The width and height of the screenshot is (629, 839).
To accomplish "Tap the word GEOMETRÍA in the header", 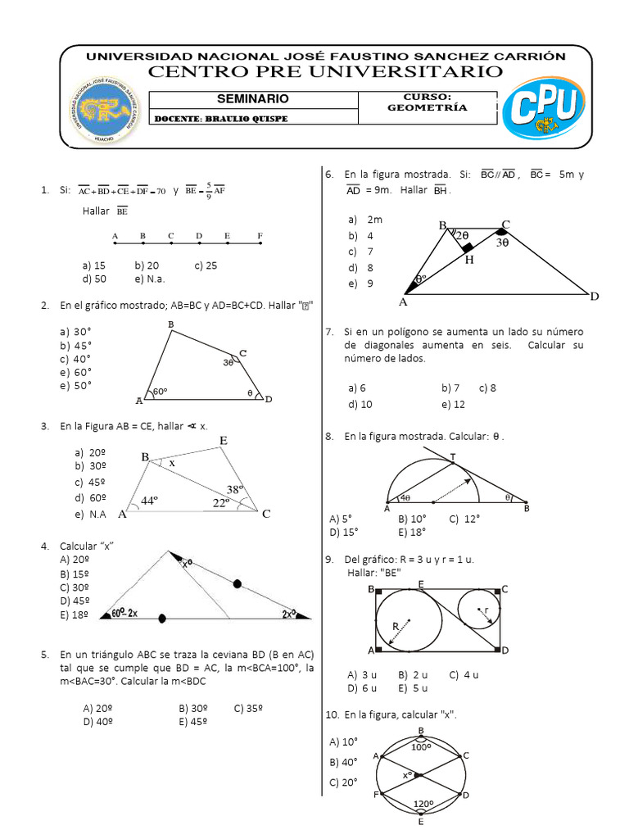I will pyautogui.click(x=438, y=107).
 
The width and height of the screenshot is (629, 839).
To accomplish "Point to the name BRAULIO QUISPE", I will pyautogui.click(x=250, y=119).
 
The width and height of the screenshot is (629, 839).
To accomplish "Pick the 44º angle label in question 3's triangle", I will pyautogui.click(x=149, y=500).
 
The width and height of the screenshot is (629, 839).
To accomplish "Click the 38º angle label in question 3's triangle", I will pyautogui.click(x=237, y=489).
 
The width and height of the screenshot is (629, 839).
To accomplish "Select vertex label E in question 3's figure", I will pyautogui.click(x=223, y=442).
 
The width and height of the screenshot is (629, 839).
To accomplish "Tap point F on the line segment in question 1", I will pyautogui.click(x=260, y=237).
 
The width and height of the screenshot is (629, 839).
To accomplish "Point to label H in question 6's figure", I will pyautogui.click(x=469, y=260).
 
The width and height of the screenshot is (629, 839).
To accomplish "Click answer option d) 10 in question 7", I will pyautogui.click(x=360, y=404).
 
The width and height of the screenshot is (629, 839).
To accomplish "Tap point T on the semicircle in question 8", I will pyautogui.click(x=453, y=456).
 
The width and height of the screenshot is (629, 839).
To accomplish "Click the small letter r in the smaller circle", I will pyautogui.click(x=487, y=610).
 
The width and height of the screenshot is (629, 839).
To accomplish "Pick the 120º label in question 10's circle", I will pyautogui.click(x=423, y=805).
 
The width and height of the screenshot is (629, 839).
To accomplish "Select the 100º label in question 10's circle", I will pyautogui.click(x=421, y=747).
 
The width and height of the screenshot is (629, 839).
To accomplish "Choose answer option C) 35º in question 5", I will pyautogui.click(x=249, y=708).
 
